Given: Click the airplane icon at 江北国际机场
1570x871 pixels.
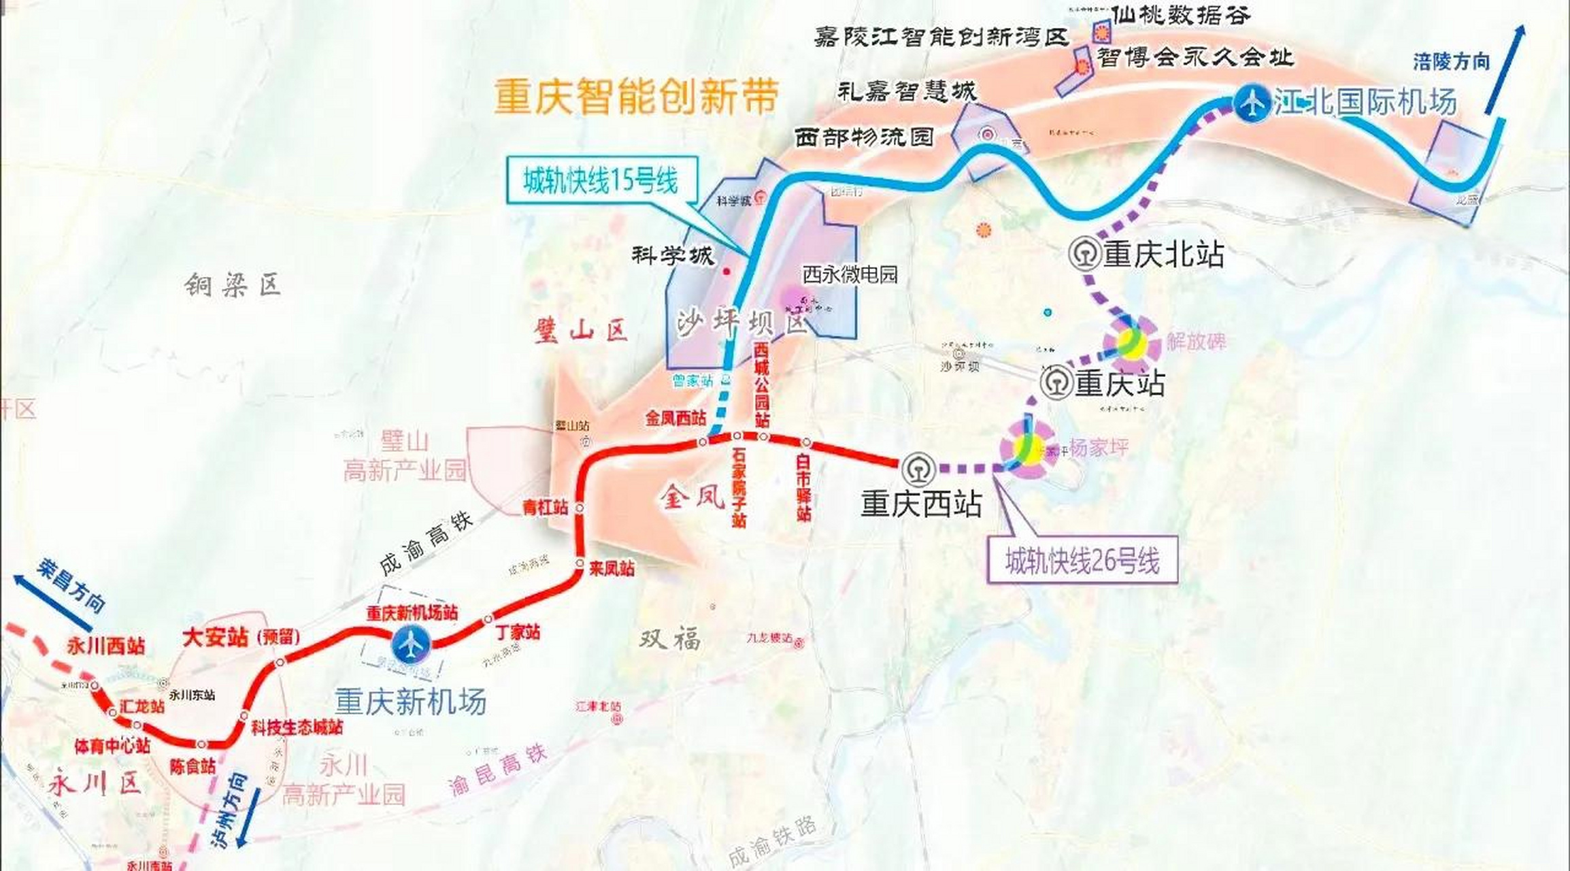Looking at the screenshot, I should pos(1252,104).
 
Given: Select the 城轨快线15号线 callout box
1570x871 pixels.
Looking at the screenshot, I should pos(601,181).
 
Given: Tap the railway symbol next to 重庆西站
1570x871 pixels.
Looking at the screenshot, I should pos(919,470).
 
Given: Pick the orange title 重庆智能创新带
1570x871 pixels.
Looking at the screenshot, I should pos(637,96).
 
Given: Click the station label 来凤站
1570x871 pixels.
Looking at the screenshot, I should pos(612,568).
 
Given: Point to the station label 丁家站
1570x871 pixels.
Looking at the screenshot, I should pos(518,632).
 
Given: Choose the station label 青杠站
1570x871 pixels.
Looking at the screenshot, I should pos(545,507).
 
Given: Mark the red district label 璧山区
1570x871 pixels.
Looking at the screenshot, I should pos(582,331).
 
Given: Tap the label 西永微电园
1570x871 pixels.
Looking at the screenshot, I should pos(850,274).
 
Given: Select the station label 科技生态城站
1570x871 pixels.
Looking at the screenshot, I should pos(297,727).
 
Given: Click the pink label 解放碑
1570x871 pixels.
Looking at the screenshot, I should pos(1197,341).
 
